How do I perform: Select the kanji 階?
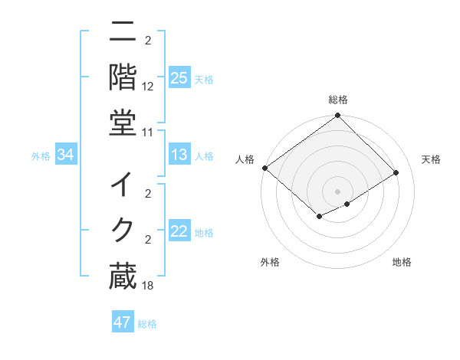[123, 76]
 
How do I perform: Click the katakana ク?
[123, 229]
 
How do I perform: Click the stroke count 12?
[148, 88]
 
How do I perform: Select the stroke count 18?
[148, 286]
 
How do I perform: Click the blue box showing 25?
[179, 78]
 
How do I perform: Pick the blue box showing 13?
[179, 155]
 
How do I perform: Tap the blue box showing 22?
[179, 232]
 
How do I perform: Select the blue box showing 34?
[66, 155]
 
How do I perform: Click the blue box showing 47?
[123, 322]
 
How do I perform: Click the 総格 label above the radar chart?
[337, 100]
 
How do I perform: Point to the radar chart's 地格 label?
[402, 262]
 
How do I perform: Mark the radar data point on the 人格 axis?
[264, 168]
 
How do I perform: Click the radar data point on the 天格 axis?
[396, 173]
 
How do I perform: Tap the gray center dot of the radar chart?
[337, 191]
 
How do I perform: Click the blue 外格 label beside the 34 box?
[41, 156]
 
